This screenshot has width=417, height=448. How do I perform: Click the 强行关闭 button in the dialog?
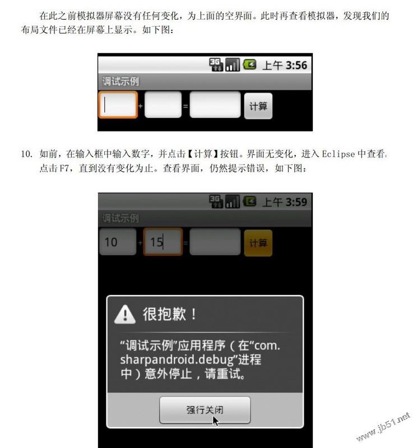[x=205, y=410]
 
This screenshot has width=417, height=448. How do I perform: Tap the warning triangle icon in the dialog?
[x=124, y=314]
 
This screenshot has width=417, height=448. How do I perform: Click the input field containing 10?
[x=118, y=242]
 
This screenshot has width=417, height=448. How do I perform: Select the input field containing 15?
[x=163, y=242]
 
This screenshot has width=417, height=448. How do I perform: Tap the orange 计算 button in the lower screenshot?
[x=258, y=243]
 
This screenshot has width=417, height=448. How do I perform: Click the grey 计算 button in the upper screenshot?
[x=258, y=106]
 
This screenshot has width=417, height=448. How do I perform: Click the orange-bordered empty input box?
[x=118, y=105]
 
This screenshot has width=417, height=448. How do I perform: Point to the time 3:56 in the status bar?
[x=296, y=66]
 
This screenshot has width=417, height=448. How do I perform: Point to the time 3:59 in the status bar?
[x=296, y=202]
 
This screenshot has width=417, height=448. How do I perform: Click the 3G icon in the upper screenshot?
[x=216, y=64]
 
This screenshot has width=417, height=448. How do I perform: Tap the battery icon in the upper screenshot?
[x=249, y=64]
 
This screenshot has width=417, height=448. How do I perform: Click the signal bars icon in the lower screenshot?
[x=232, y=202]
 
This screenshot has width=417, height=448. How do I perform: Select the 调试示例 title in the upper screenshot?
[x=121, y=81]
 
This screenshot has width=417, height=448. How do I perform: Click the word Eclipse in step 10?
[x=339, y=154]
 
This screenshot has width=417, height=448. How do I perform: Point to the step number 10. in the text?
[x=26, y=154]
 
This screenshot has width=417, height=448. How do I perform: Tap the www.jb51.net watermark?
[x=383, y=427]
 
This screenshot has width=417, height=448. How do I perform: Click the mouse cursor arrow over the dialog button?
[x=216, y=421]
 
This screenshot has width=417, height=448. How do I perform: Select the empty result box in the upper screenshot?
[x=215, y=105]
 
